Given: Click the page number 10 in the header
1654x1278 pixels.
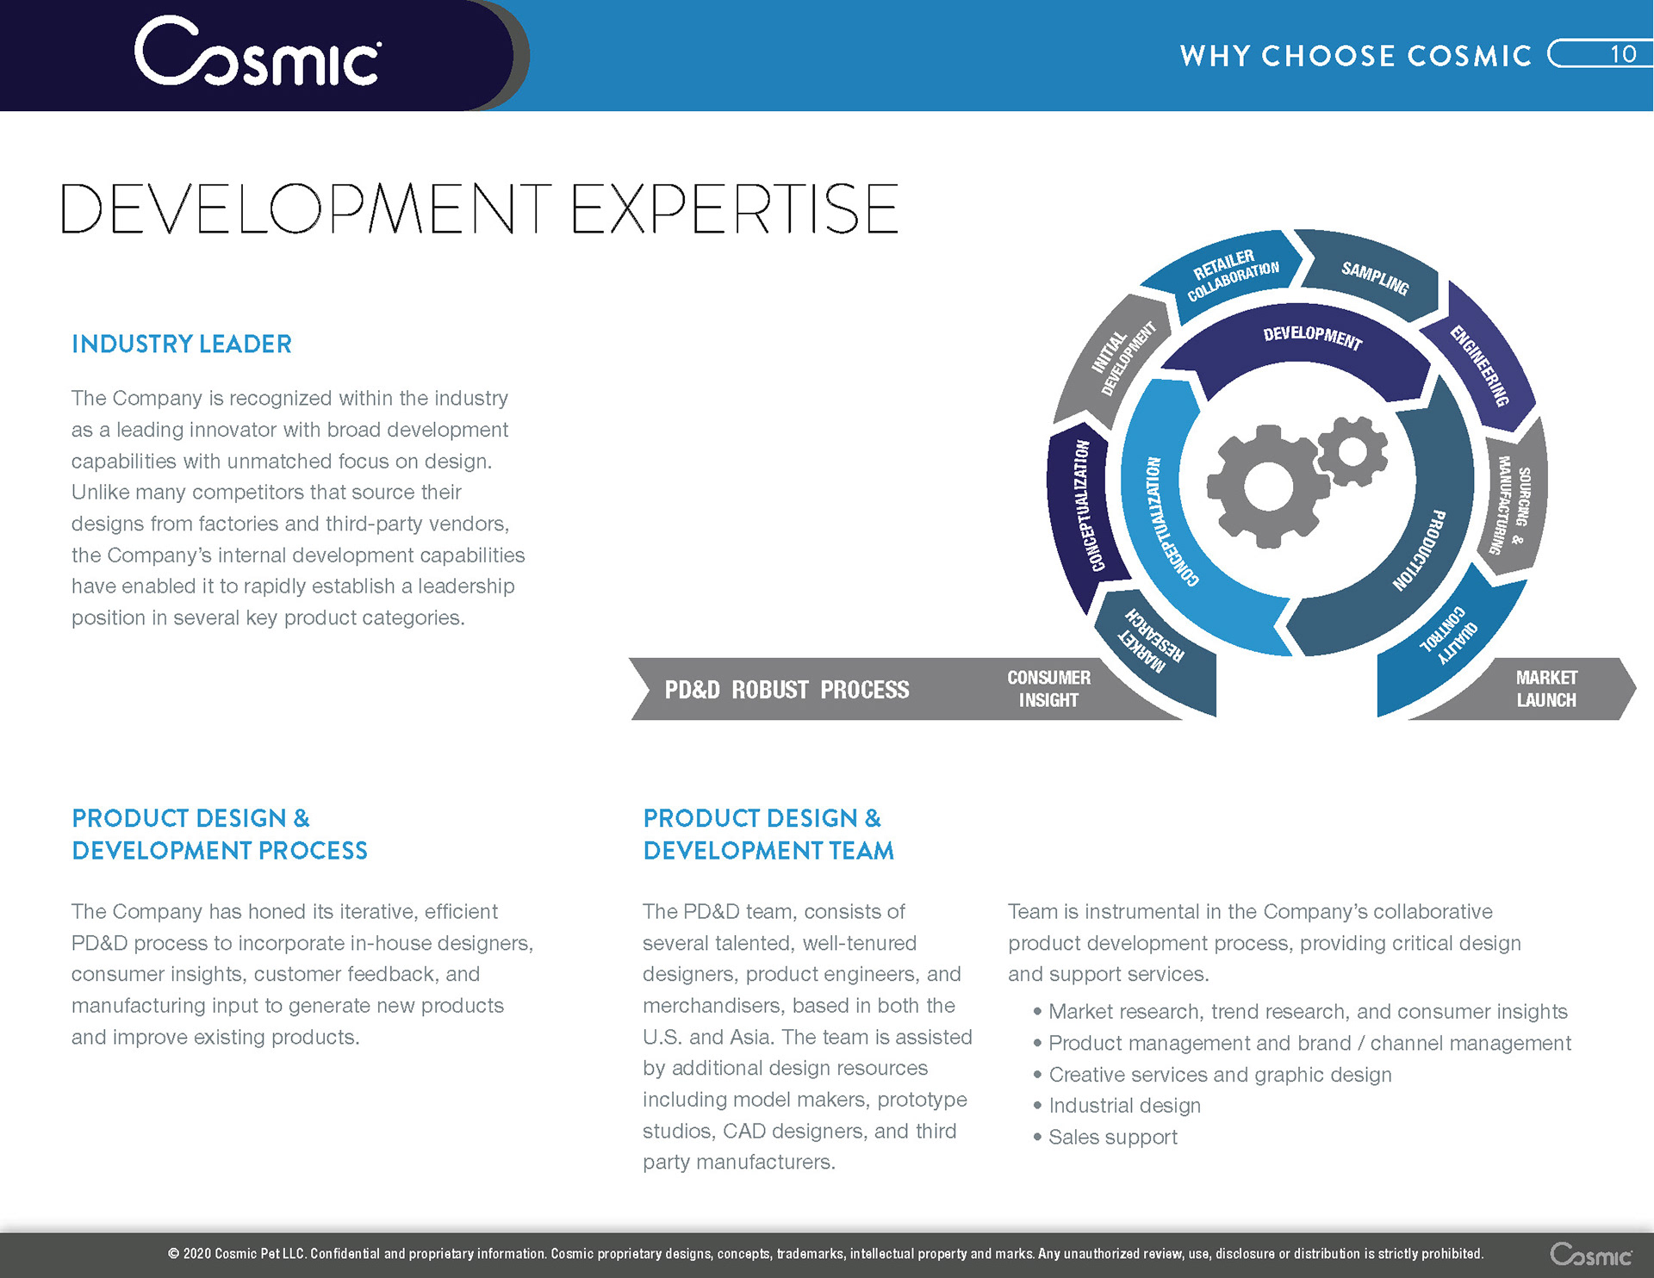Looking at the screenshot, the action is (1623, 54).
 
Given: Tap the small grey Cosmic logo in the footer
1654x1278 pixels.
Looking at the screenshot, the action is (1590, 1254).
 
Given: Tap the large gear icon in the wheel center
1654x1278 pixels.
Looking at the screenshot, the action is (1268, 487).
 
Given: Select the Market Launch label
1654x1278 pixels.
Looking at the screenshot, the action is (1546, 689).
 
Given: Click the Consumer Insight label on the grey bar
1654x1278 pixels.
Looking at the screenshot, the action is (1048, 689).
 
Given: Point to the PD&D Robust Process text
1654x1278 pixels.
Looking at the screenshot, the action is (787, 690).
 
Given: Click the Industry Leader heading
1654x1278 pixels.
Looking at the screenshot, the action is (182, 344).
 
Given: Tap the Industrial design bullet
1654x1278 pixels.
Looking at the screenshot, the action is (1116, 1106).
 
